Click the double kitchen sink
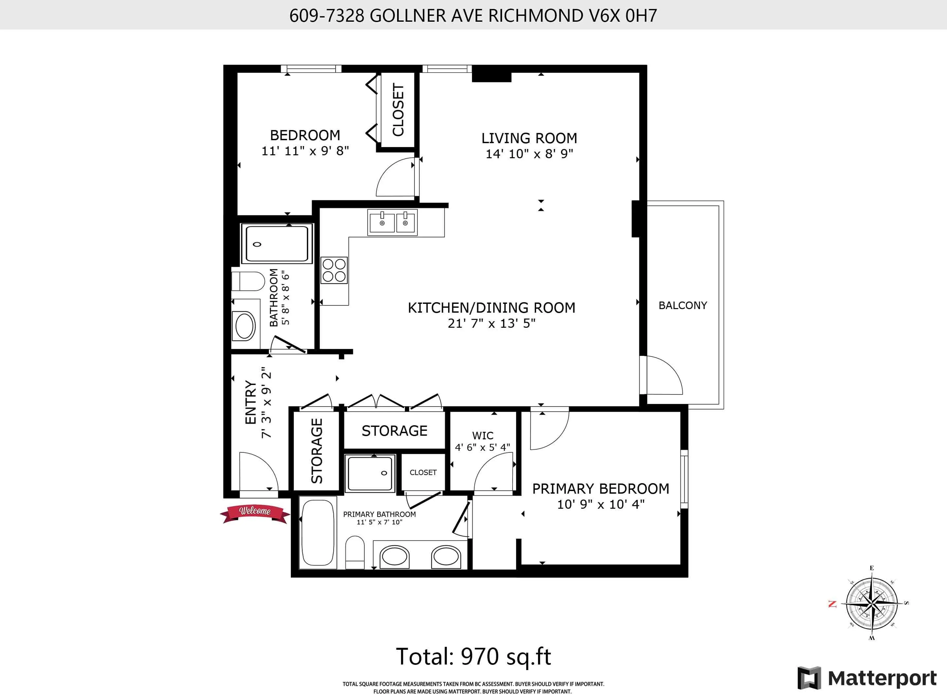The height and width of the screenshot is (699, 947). pyautogui.click(x=393, y=222)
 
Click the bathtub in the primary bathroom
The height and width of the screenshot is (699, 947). pyautogui.click(x=318, y=534)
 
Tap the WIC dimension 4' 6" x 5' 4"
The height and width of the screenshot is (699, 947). pyautogui.click(x=482, y=447)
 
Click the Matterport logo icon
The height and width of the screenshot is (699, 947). pyautogui.click(x=809, y=678)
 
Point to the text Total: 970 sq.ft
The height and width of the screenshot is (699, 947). pyautogui.click(x=473, y=656)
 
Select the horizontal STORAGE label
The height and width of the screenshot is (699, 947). pyautogui.click(x=394, y=431)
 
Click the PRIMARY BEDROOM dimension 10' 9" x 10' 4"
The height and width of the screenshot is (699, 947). pyautogui.click(x=600, y=504)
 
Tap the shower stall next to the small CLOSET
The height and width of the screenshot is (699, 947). pyautogui.click(x=370, y=473)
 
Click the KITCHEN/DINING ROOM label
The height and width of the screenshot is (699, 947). pyautogui.click(x=491, y=308)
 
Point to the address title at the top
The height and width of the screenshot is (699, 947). pyautogui.click(x=473, y=16)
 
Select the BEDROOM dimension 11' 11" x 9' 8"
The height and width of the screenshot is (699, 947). pyautogui.click(x=305, y=151)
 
